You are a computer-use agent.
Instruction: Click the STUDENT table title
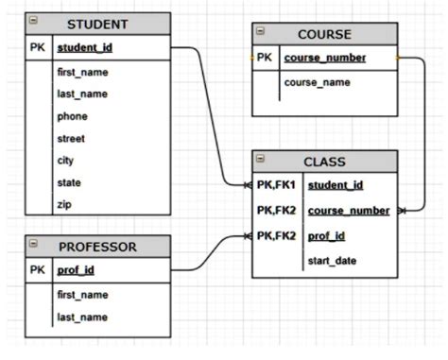click(97, 23)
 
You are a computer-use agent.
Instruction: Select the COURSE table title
click(324, 35)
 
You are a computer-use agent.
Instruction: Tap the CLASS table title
click(324, 162)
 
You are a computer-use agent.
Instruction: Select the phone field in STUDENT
click(72, 116)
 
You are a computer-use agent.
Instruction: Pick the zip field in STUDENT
click(64, 204)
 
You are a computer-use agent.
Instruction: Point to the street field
click(72, 139)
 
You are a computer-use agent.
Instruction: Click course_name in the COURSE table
click(317, 82)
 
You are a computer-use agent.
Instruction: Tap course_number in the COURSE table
click(324, 58)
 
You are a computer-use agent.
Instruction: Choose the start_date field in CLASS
click(333, 261)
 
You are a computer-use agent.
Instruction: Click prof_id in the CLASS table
click(326, 235)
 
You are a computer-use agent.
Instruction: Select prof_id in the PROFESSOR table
click(75, 270)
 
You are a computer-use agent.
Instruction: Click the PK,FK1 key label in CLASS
click(276, 185)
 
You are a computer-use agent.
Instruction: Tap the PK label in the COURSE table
click(264, 58)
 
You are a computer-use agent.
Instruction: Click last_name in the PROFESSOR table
click(81, 317)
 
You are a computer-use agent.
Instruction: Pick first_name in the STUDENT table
click(81, 72)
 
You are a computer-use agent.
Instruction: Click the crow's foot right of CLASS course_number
click(404, 210)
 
